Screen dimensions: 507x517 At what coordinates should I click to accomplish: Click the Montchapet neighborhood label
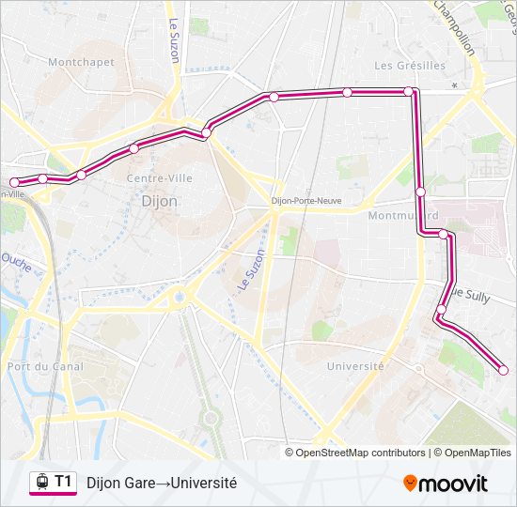click(x=81, y=63)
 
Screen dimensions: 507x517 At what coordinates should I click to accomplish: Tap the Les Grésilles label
click(x=410, y=66)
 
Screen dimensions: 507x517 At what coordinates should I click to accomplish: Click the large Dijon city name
click(x=158, y=201)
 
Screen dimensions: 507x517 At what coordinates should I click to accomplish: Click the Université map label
click(x=354, y=366)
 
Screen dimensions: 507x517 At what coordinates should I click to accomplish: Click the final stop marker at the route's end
click(x=503, y=370)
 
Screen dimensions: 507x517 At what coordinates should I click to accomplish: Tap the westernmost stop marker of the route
click(x=14, y=182)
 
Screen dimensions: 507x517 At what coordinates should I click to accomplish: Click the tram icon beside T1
click(x=41, y=483)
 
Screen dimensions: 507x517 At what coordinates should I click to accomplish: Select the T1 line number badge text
click(x=63, y=482)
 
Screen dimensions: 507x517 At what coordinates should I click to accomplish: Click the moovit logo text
click(x=454, y=484)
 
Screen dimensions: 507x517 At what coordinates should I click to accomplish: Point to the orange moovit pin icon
click(x=411, y=484)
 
